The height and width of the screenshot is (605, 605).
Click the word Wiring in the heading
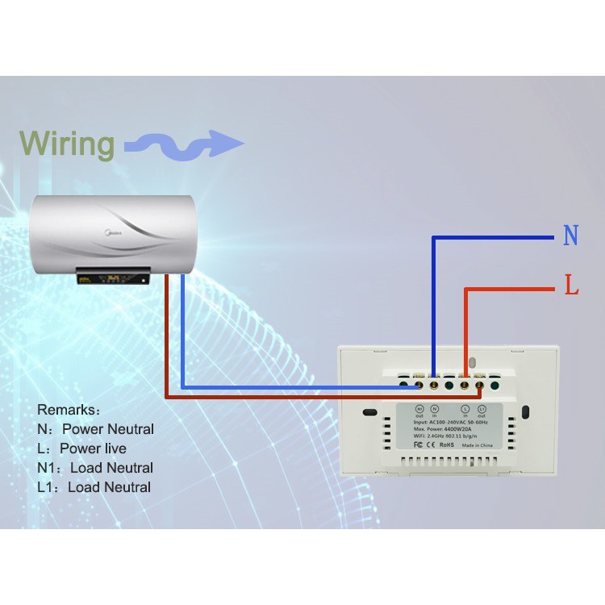(68, 144)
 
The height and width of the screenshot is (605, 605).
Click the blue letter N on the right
(571, 236)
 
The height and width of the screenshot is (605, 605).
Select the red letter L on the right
(572, 286)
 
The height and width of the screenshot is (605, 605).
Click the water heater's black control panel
(113, 278)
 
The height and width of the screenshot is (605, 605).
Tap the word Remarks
(69, 410)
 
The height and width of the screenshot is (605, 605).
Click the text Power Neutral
(108, 429)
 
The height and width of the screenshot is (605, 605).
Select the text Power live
(93, 449)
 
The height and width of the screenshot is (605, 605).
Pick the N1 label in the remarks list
(49, 468)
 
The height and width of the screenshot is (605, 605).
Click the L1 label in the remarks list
(48, 487)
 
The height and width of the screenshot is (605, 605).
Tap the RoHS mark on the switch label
(446, 444)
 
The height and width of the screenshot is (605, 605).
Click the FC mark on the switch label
(419, 444)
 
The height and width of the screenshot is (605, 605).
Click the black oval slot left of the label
(371, 413)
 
